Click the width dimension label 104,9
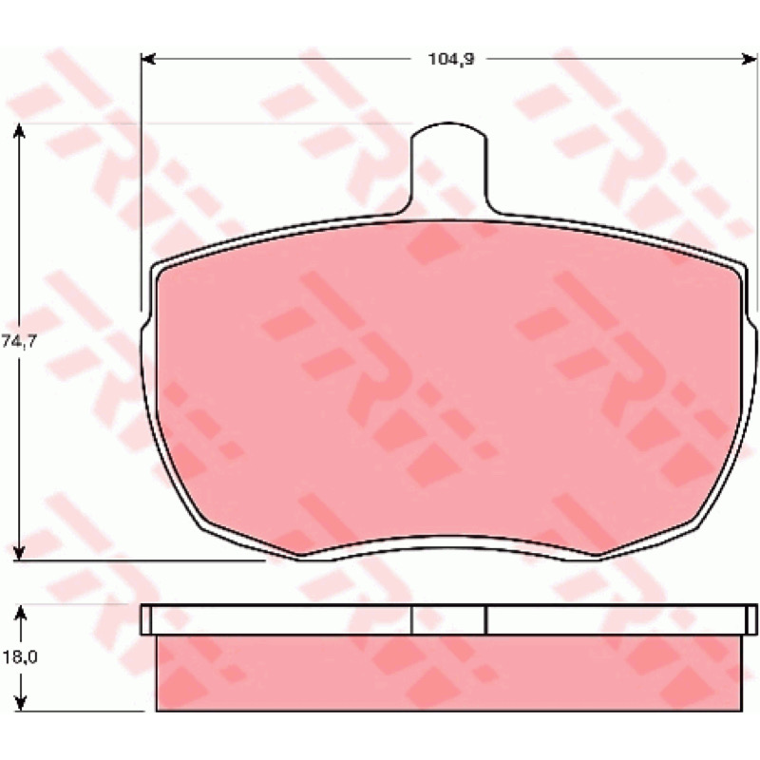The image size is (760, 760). point(450,59)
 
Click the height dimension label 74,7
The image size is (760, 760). point(19,341)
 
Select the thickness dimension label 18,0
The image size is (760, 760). point(20,656)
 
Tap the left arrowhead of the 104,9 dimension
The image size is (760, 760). point(148,59)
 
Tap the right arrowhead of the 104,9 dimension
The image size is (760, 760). point(750,59)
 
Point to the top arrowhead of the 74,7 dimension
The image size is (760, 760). point(19,131)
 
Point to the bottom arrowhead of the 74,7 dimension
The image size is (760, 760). point(19,553)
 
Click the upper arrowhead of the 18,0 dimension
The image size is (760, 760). point(20,613)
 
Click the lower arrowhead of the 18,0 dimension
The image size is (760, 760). point(20,704)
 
